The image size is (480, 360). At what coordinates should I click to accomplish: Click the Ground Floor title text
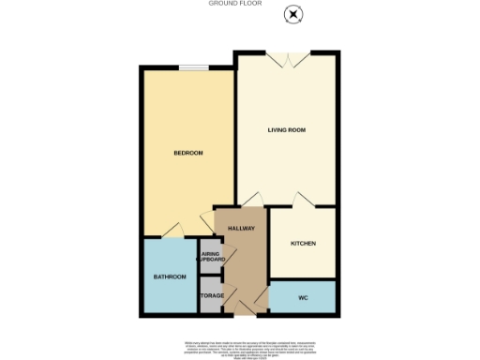[x=239, y=4]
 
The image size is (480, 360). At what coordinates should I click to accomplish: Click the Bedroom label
[x=187, y=153]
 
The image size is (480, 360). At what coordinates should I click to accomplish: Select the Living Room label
[x=287, y=128]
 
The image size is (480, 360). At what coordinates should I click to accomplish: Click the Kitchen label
[x=302, y=244]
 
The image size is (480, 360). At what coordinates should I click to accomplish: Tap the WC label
[x=302, y=298]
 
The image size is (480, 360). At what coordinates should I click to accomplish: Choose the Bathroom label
[x=170, y=277]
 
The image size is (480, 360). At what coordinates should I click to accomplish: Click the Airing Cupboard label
[x=211, y=257]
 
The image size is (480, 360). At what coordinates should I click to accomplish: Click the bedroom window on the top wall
[x=195, y=67]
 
